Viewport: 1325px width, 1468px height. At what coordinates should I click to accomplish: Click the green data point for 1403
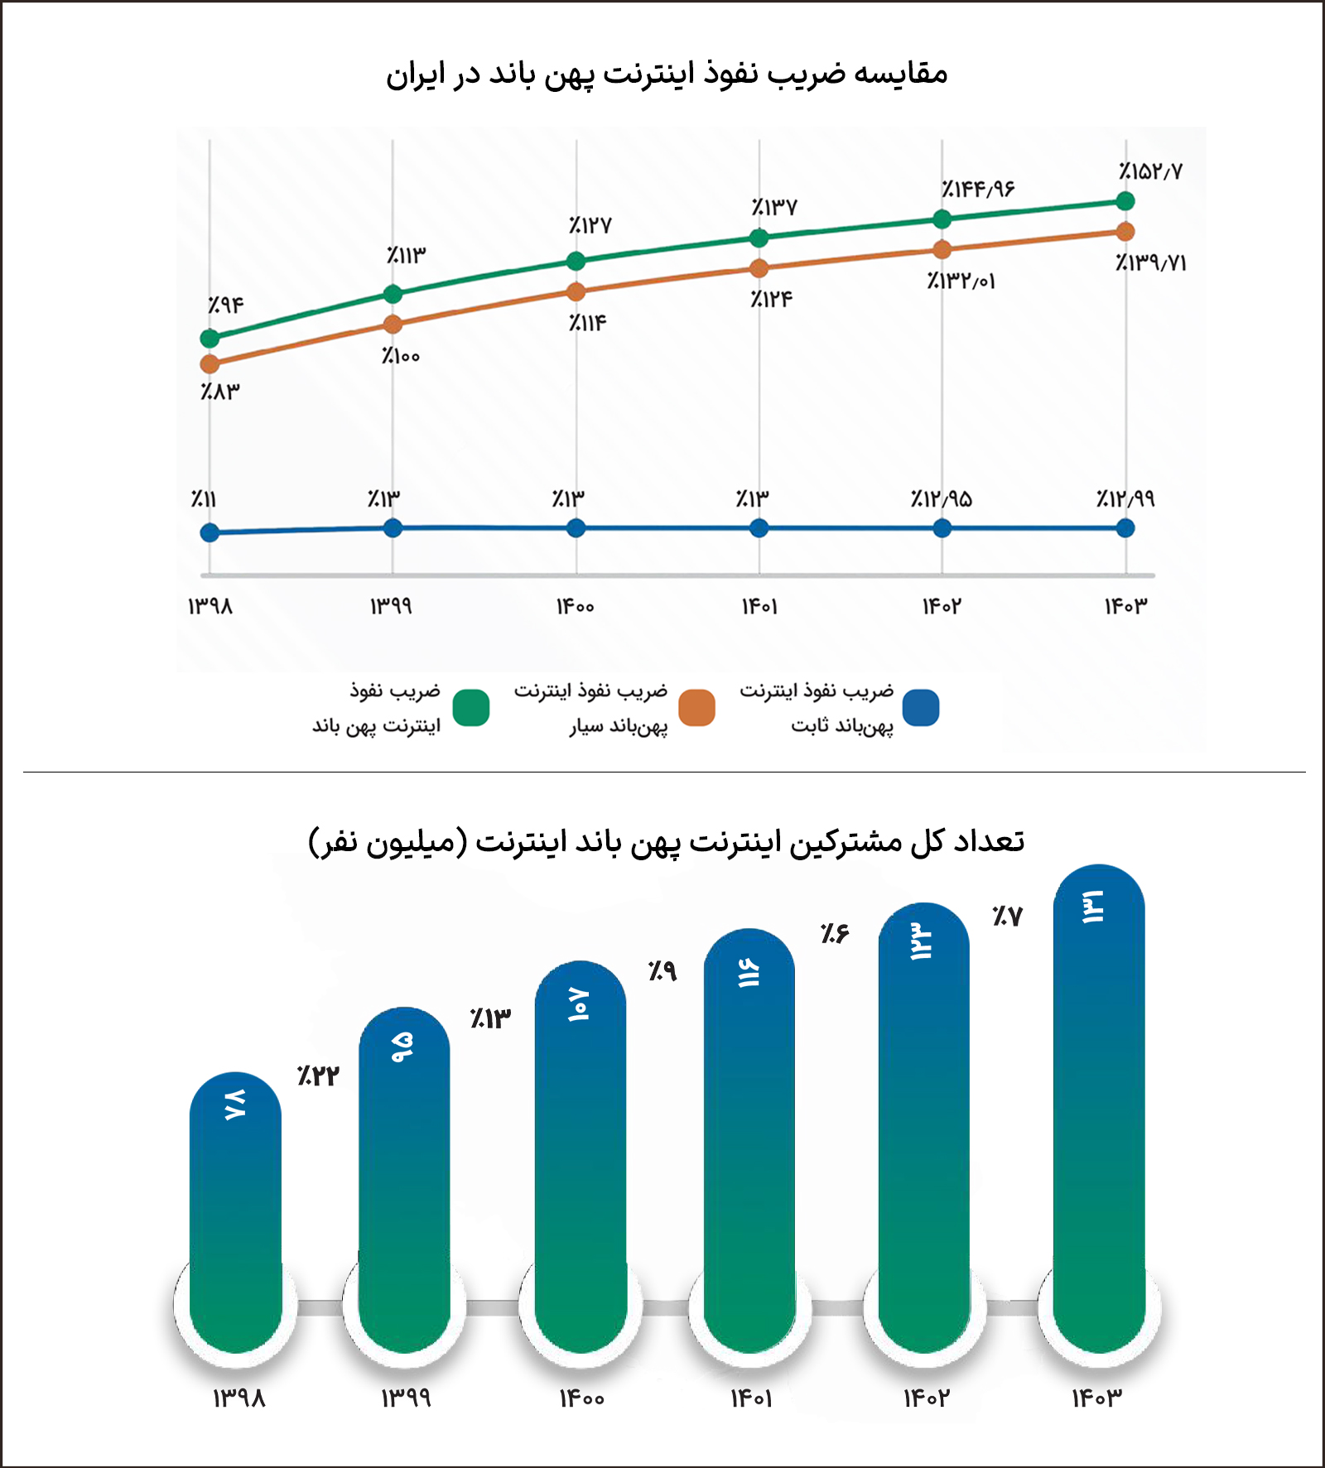click(x=1125, y=200)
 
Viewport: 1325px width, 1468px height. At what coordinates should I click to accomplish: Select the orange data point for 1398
click(x=210, y=364)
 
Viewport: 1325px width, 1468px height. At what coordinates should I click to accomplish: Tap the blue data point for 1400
click(x=576, y=528)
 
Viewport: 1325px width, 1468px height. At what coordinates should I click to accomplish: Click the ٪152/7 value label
click(x=1150, y=171)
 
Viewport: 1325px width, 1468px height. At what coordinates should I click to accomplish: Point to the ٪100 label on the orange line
click(x=401, y=356)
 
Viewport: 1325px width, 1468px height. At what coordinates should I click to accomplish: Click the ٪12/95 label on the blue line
click(x=941, y=498)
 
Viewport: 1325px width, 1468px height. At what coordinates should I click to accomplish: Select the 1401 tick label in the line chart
click(x=759, y=607)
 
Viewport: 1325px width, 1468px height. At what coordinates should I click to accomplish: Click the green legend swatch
click(x=471, y=708)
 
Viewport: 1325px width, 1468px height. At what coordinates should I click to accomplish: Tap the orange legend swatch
click(x=696, y=708)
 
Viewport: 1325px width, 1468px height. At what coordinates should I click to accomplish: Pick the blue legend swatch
click(x=921, y=708)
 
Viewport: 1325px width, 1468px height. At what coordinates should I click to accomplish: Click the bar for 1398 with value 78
click(x=235, y=1209)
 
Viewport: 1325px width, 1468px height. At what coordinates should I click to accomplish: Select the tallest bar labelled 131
click(x=1099, y=1109)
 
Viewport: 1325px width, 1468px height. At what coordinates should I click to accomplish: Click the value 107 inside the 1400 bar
click(x=579, y=1004)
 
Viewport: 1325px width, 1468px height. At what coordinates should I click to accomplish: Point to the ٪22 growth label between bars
click(x=318, y=1076)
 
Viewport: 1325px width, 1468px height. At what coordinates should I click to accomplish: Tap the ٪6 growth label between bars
click(x=835, y=933)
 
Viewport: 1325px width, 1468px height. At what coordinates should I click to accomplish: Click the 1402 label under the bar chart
click(x=926, y=1398)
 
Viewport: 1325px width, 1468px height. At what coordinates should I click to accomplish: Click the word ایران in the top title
click(x=410, y=75)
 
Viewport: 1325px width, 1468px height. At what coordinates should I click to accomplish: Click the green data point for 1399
click(x=393, y=294)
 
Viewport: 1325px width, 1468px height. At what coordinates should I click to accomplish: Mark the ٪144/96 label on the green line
click(x=977, y=190)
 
